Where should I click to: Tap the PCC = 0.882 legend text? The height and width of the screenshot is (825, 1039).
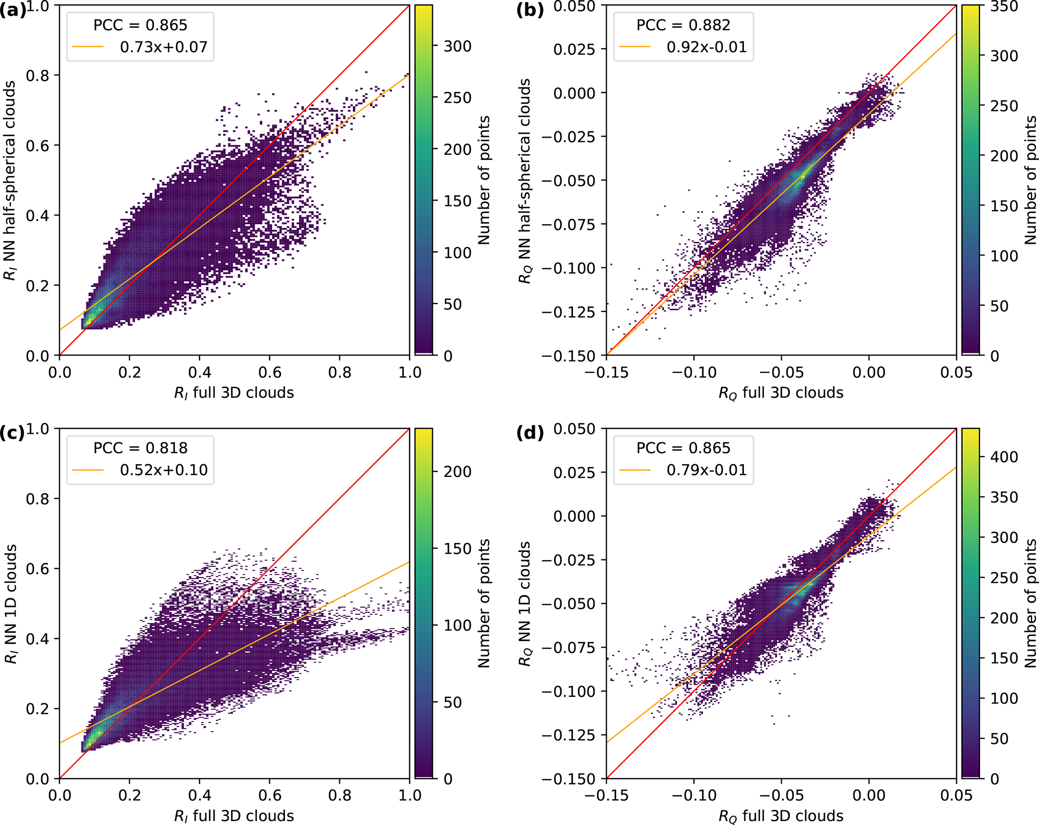coord(683,25)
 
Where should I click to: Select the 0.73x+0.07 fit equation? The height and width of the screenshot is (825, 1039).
coord(163,47)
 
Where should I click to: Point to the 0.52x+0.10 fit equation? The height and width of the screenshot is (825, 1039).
coord(163,470)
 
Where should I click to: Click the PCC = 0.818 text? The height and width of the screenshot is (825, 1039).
coord(140,448)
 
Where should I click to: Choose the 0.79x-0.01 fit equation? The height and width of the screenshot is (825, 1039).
coord(706,470)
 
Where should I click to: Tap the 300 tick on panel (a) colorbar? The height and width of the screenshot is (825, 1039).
coord(457,46)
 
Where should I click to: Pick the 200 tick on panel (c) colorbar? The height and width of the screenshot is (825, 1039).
coord(457,472)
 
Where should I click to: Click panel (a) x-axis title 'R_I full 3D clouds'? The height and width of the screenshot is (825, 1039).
coord(234,393)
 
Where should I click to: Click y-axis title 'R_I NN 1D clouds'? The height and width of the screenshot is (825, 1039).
coord(11,603)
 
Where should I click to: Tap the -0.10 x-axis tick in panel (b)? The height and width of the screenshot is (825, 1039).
coord(694,373)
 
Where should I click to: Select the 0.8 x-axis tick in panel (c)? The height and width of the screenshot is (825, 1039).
coord(339,795)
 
